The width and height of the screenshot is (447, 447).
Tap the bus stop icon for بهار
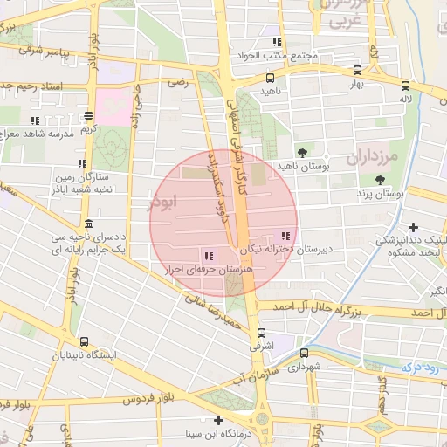[356, 71]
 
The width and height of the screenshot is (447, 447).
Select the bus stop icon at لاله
[405, 86]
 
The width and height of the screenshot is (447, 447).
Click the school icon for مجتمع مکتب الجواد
[277, 42]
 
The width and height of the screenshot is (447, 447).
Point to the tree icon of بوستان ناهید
[302, 151]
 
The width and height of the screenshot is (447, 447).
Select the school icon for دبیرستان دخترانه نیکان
[285, 235]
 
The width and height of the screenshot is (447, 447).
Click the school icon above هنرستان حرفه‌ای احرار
[208, 256]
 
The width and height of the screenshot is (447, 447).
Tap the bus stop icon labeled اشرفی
[261, 333]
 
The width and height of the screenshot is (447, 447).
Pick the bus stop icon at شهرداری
[304, 354]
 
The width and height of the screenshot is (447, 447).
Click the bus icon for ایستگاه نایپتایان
[84, 341]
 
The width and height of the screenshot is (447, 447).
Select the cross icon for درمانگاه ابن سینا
[217, 420]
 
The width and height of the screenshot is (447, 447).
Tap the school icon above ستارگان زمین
[81, 163]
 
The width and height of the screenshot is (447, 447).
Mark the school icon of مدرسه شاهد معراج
[35, 120]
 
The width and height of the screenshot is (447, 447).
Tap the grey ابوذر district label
[164, 202]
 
